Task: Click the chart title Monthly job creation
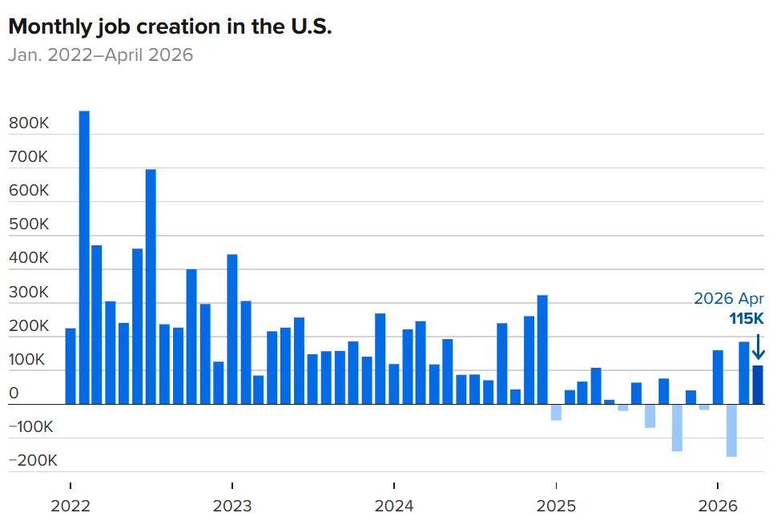[170, 27]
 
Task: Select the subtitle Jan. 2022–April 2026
[101, 55]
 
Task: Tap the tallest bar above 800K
[84, 257]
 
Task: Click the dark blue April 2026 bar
[758, 385]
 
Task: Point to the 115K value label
[746, 318]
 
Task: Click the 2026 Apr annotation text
[729, 298]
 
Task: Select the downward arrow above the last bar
[758, 347]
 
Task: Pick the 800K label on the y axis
[29, 123]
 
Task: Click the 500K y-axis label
[29, 224]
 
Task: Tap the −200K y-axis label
[33, 460]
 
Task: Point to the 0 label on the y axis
[14, 393]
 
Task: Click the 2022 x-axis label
[70, 506]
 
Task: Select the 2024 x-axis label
[394, 506]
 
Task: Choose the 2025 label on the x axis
[556, 506]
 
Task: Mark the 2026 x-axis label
[718, 506]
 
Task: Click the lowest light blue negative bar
[731, 430]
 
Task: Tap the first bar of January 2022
[70, 366]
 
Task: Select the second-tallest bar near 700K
[151, 287]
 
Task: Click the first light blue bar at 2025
[556, 412]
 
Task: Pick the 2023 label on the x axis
[232, 506]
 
